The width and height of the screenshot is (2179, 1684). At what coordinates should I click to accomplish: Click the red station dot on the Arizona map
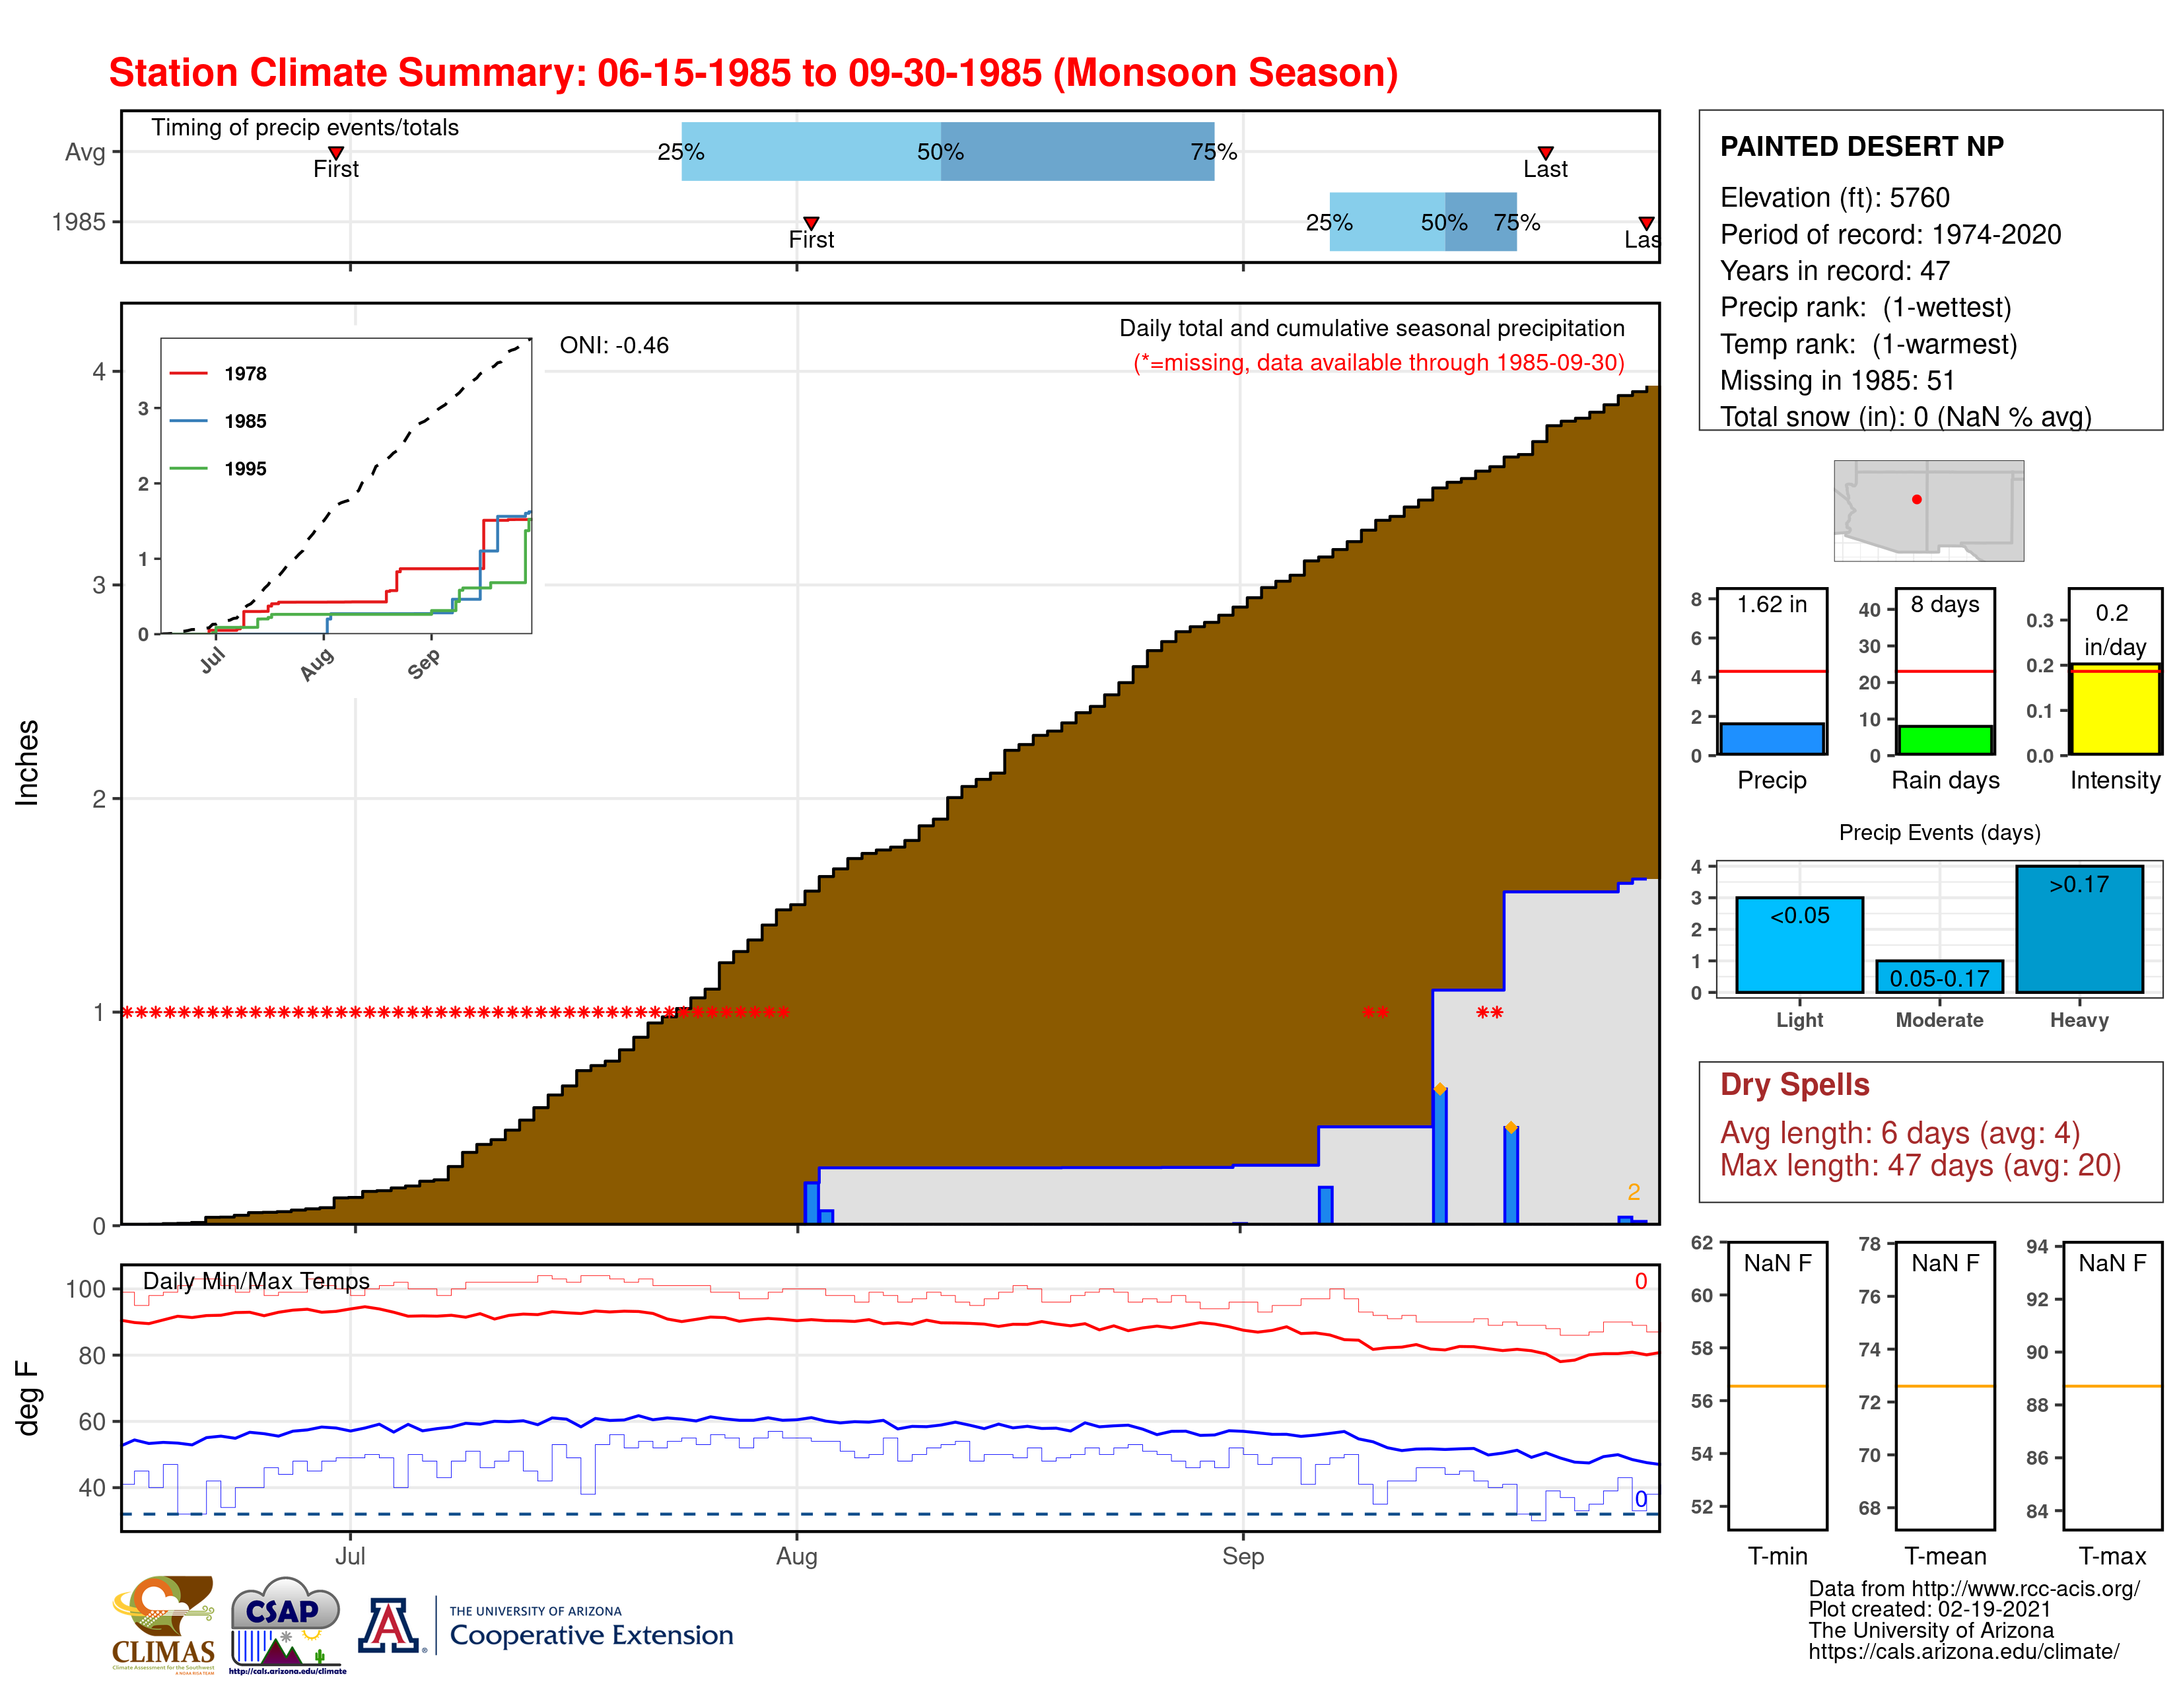pyautogui.click(x=1917, y=499)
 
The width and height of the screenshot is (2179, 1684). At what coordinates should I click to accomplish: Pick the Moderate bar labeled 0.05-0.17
pyautogui.click(x=1939, y=977)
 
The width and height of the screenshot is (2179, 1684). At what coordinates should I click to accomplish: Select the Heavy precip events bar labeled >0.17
pyautogui.click(x=2079, y=929)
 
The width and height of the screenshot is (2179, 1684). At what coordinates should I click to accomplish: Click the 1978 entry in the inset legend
pyautogui.click(x=244, y=373)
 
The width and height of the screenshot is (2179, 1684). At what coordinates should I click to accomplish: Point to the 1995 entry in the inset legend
pyautogui.click(x=244, y=469)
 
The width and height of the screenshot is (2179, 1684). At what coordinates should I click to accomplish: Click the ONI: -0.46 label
pyautogui.click(x=613, y=345)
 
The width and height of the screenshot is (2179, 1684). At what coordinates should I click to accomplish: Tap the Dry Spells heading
pyautogui.click(x=1794, y=1084)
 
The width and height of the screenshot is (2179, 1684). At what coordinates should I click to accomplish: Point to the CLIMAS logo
pyautogui.click(x=162, y=1623)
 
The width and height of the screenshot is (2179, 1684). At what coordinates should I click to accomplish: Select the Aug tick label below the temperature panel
pyautogui.click(x=796, y=1557)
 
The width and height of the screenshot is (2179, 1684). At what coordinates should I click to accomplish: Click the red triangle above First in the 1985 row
pyautogui.click(x=811, y=223)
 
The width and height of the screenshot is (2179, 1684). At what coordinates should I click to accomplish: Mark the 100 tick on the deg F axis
pyautogui.click(x=86, y=1289)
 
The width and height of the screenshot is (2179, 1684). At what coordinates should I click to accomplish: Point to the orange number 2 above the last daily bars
pyautogui.click(x=1633, y=1191)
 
